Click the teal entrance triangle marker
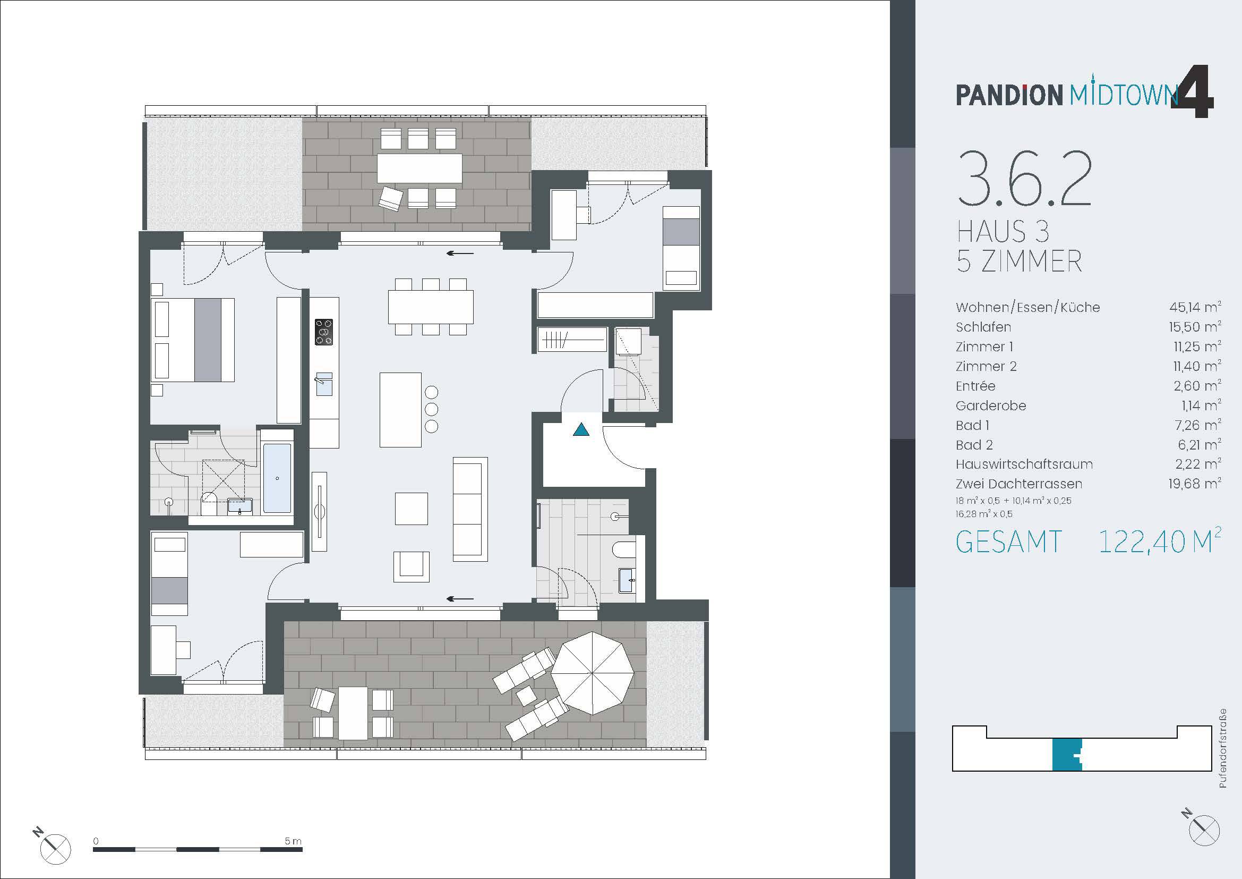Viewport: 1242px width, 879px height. point(581,430)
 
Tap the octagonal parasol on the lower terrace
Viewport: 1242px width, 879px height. point(593,673)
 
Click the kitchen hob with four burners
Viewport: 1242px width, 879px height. point(324,332)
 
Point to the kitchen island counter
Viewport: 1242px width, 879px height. point(400,410)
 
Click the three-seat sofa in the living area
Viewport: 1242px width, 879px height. point(469,509)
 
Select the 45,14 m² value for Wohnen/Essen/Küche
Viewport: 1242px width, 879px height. point(1194,307)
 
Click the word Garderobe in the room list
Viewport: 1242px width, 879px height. point(990,406)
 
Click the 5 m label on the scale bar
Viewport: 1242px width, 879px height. point(293,841)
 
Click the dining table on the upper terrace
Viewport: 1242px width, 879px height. point(419,168)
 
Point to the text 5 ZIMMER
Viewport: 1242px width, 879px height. point(1019,261)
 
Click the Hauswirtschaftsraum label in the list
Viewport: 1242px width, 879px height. point(1024,464)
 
